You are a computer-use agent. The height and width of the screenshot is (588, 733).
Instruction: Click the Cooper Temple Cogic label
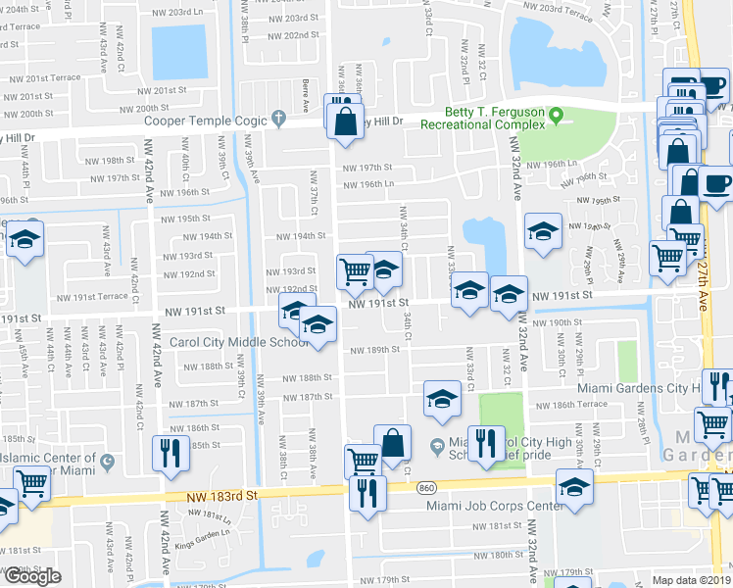point(206,121)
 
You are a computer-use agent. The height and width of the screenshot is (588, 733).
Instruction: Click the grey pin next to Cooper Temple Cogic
point(279,121)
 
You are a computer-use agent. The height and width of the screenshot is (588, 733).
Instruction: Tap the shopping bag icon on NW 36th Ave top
point(345,122)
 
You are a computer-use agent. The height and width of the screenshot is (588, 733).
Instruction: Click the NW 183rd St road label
point(224,498)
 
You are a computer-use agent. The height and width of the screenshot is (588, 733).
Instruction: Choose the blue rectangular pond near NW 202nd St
point(179,52)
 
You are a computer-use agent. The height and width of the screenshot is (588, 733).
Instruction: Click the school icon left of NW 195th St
point(24,240)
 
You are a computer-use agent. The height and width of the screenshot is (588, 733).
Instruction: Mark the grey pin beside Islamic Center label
point(106,463)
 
